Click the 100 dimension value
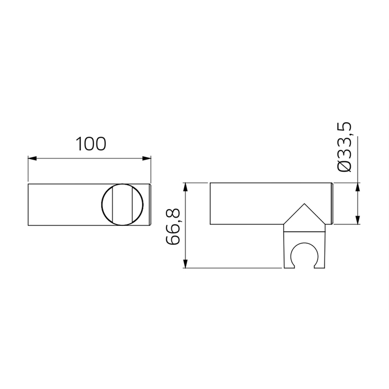[x=91, y=144]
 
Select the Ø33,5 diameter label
[x=345, y=147]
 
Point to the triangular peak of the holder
[x=304, y=205]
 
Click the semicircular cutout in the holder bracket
[x=303, y=257]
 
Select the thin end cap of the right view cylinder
[x=332, y=203]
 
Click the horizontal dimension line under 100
[x=89, y=158]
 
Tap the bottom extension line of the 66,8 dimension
[x=233, y=268]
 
